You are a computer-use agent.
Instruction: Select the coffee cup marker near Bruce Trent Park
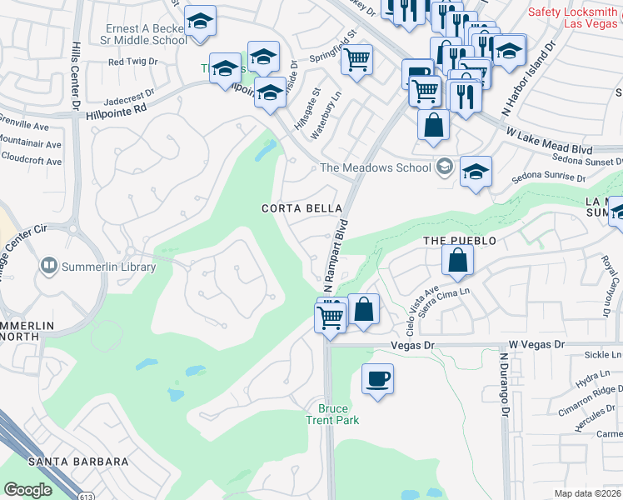(377, 379)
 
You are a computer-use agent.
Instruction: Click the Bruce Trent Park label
(338, 414)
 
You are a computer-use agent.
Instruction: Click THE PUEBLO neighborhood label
(459, 241)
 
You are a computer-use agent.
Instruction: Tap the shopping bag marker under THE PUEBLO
(458, 259)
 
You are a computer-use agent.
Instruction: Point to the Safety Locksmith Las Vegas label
(576, 17)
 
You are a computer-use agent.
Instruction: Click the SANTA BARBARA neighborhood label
(78, 461)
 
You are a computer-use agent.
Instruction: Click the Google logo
(28, 489)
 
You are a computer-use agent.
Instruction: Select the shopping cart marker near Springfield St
(356, 60)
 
